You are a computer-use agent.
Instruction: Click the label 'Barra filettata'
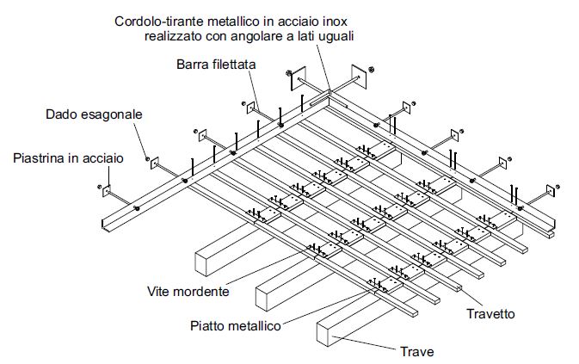point(216,65)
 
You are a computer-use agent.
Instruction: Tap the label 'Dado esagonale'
point(95,114)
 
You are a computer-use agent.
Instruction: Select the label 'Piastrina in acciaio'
point(68,158)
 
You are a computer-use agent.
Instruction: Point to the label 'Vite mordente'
point(188,291)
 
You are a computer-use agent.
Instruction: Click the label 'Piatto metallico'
point(234,325)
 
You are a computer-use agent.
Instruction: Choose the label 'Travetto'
point(491,313)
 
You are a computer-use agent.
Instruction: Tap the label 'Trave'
point(417,351)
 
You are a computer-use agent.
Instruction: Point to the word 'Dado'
point(61,114)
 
